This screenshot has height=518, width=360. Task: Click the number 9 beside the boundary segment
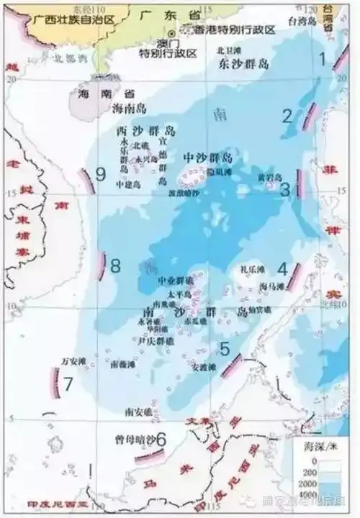(100, 173)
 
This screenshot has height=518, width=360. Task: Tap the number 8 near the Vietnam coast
(116, 265)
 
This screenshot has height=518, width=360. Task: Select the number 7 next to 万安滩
(68, 383)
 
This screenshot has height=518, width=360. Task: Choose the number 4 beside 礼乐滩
(283, 269)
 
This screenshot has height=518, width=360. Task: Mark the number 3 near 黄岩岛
(284, 189)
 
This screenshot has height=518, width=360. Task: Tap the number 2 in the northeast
(287, 116)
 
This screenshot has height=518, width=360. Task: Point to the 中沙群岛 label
(209, 158)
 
